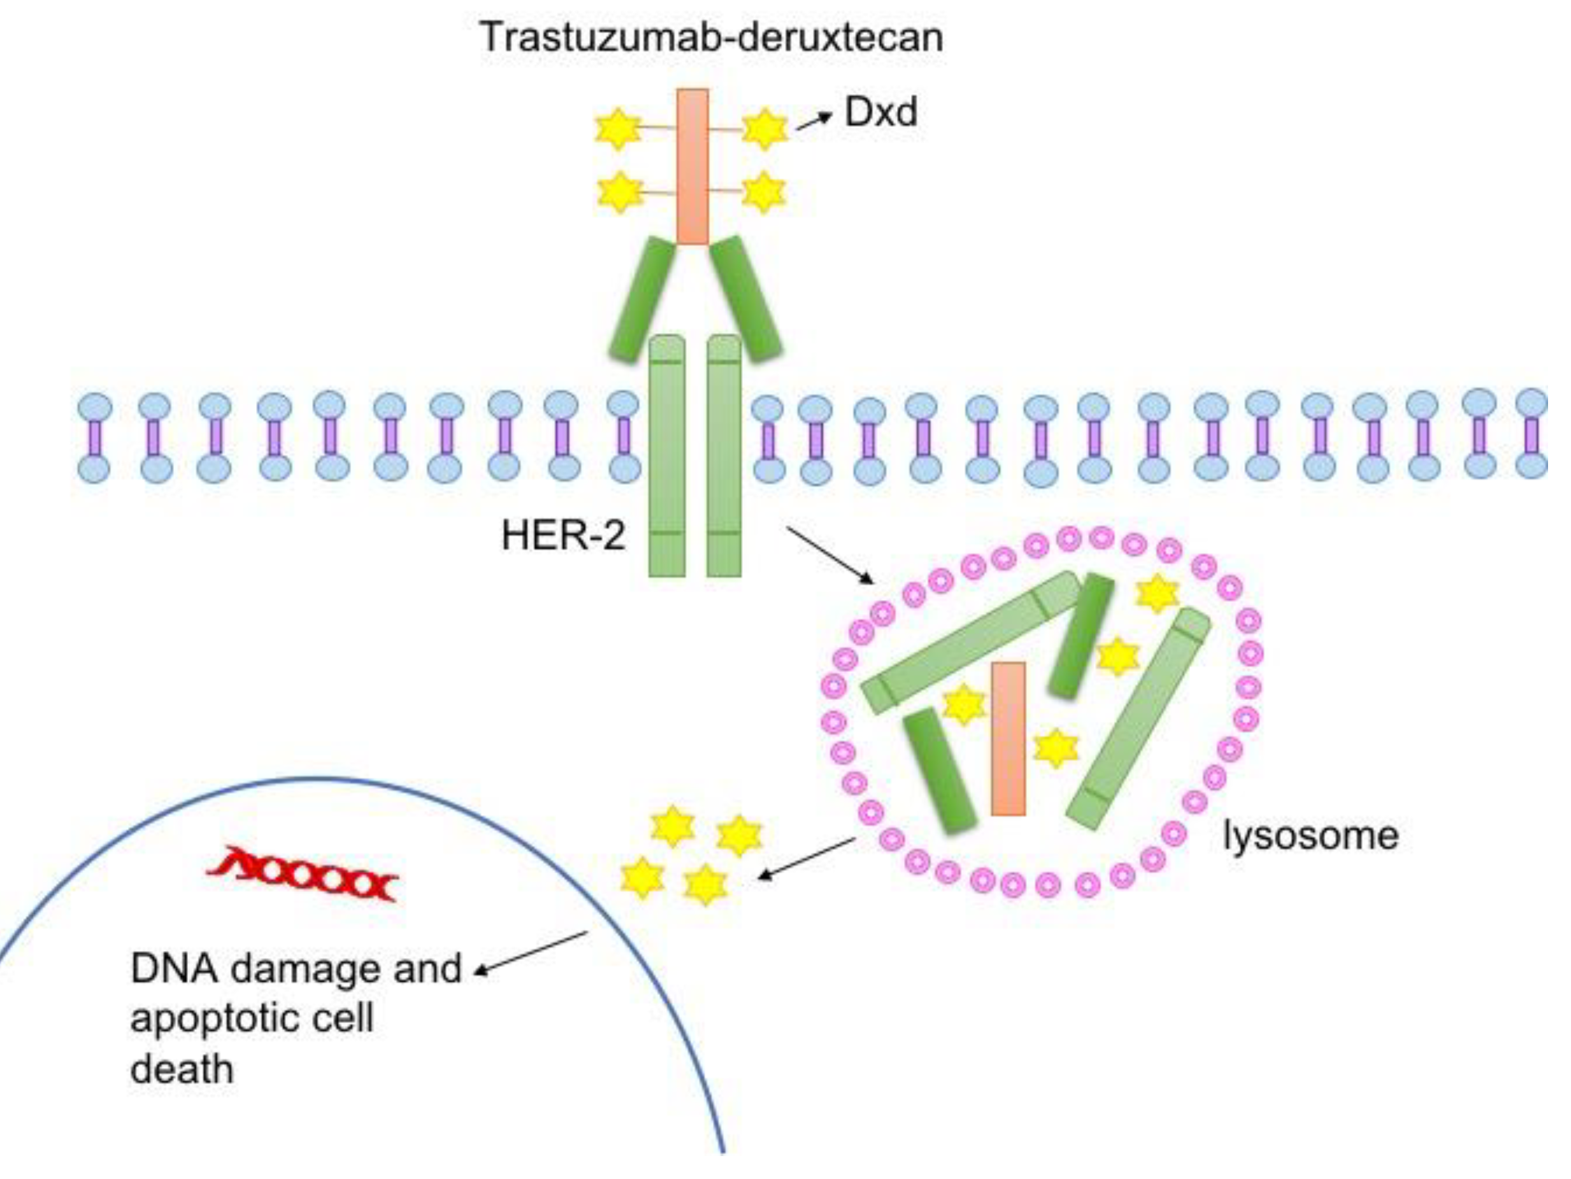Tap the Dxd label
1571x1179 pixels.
(880, 112)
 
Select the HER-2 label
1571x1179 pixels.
(563, 535)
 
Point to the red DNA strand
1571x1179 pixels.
(303, 875)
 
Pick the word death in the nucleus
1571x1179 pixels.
(182, 1069)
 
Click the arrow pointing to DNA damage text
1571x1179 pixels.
(531, 952)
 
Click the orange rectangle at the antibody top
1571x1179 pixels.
(692, 167)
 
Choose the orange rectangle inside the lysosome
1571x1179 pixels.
(1008, 739)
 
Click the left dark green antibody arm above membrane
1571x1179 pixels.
(642, 300)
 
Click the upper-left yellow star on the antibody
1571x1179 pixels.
(617, 129)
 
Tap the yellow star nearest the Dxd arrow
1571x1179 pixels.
(764, 129)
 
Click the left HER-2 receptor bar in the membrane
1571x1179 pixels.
(667, 455)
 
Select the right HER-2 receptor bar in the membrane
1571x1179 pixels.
(724, 455)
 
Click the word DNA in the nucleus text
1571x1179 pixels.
(174, 969)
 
